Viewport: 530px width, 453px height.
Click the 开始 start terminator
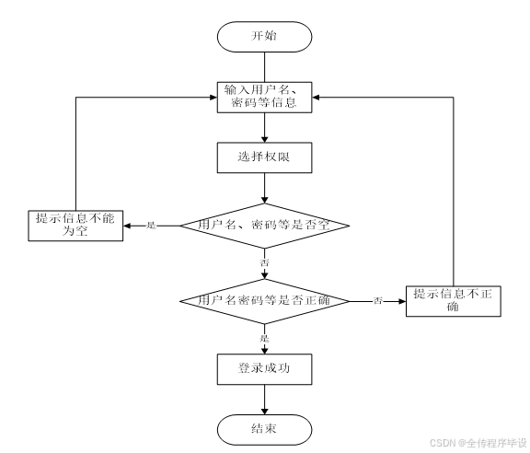264,36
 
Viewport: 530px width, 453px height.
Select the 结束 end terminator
264,429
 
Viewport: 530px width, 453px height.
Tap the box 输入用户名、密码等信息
264,97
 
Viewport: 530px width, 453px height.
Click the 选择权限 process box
264,157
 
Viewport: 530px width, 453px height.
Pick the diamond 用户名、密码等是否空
264,224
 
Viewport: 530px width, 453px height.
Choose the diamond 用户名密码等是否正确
264,300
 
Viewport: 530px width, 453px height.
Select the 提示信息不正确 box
454,300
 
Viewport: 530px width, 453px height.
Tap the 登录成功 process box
264,368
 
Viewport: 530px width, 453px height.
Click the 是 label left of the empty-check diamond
152,225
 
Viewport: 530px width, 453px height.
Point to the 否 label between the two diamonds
265,263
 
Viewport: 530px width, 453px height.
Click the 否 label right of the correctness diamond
378,301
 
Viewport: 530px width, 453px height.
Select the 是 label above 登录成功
265,338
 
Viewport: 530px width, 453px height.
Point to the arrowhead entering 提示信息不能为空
127,225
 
